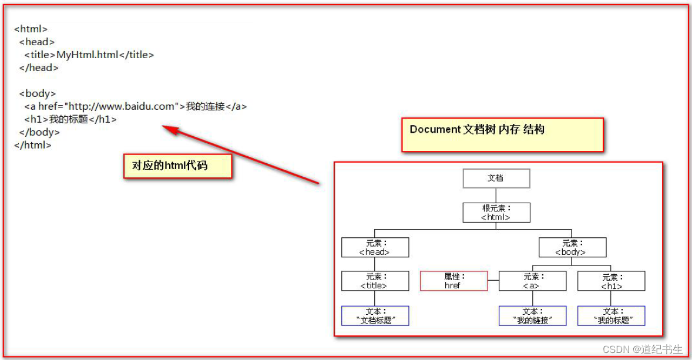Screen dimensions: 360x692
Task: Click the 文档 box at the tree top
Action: click(x=496, y=178)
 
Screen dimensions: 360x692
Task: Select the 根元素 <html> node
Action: click(x=496, y=213)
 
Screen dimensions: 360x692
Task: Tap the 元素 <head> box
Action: click(x=375, y=247)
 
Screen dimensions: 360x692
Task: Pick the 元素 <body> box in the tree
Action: click(x=572, y=247)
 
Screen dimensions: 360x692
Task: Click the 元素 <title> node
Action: click(x=375, y=281)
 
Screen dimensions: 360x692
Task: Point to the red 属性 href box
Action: click(x=454, y=281)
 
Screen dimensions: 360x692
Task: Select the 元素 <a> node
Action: click(x=532, y=281)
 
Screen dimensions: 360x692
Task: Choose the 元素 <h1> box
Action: click(x=611, y=281)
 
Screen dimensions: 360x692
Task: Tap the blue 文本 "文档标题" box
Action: click(x=375, y=316)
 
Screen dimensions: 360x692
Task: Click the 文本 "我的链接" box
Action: click(x=532, y=316)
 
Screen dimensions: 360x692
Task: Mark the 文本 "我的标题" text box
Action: click(x=611, y=316)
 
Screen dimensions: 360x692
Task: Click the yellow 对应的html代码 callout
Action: click(x=178, y=166)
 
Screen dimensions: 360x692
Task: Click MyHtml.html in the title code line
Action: click(x=87, y=55)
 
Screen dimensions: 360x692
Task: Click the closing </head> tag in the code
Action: click(x=39, y=68)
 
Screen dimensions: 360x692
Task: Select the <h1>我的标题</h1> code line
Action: click(x=70, y=119)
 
